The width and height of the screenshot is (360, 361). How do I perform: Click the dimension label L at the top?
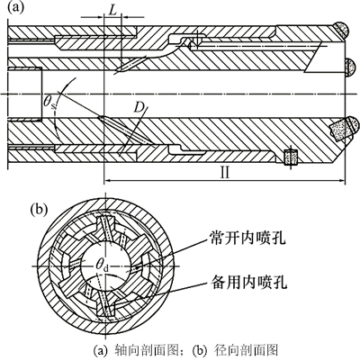(112, 10)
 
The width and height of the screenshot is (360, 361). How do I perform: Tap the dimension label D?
(138, 107)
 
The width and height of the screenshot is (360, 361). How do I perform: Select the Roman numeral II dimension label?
(225, 173)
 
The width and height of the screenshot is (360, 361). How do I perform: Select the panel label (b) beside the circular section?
(40, 210)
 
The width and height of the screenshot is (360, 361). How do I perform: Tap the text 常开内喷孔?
(247, 239)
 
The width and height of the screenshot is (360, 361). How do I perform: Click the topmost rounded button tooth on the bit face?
(342, 30)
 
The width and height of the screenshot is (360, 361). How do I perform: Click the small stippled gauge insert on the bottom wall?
(291, 157)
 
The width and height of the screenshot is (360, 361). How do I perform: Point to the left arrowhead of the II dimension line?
(107, 181)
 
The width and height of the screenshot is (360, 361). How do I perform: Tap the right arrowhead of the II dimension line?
(342, 181)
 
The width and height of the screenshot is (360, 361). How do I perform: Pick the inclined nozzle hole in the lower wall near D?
(123, 130)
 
